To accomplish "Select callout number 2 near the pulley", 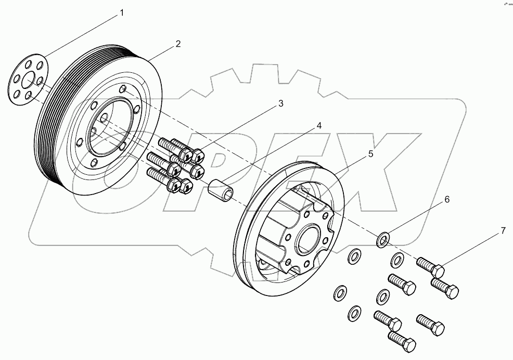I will pyautogui.click(x=178, y=44).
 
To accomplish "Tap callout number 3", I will pyautogui.click(x=280, y=104).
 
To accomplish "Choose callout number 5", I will pyautogui.click(x=370, y=153).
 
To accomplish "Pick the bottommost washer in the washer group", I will pyautogui.click(x=355, y=313).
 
